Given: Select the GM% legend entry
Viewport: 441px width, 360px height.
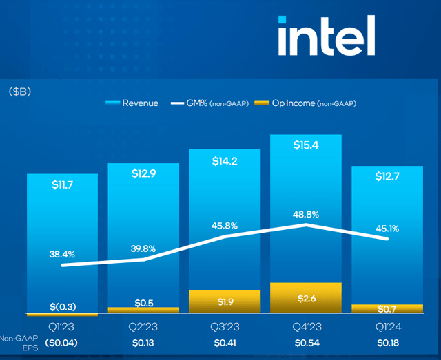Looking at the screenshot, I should point(214,103).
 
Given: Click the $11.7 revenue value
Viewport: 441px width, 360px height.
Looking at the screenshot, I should point(62,185).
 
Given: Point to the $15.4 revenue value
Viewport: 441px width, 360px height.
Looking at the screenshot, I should point(305,145).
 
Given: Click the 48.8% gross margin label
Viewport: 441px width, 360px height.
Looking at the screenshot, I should point(305,214).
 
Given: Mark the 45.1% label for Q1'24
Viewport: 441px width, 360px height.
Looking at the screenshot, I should point(387,229).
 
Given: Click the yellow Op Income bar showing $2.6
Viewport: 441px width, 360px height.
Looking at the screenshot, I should point(305,298).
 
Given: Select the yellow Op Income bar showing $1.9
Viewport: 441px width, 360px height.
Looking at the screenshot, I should point(225,301).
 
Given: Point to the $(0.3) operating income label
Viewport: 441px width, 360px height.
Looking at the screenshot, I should point(62,306).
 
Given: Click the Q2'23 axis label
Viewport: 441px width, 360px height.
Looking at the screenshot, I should point(143,327).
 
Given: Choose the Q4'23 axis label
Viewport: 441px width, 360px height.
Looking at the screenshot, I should point(305,327).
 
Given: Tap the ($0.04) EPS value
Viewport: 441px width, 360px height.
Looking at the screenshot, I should point(62,342).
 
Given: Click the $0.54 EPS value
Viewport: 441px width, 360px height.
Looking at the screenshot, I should point(305,342).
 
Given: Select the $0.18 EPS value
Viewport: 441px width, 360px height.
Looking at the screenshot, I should point(387,342).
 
